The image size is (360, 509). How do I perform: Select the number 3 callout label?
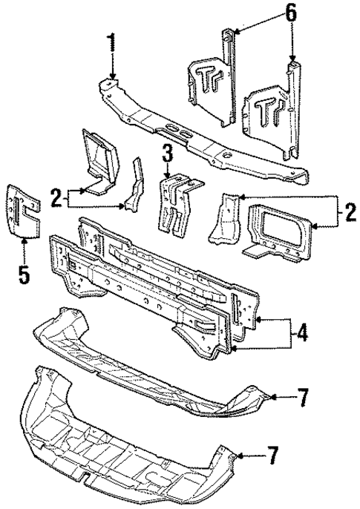tap(168, 155)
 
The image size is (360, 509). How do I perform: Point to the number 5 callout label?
tap(24, 275)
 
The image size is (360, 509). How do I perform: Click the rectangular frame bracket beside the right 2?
tap(283, 233)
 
